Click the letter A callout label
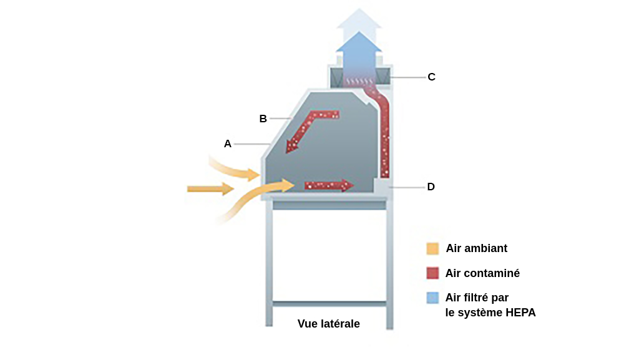[228, 144]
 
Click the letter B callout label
[263, 118]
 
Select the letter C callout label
[431, 77]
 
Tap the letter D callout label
[431, 186]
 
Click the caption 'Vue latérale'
[328, 324]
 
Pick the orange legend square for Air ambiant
[432, 248]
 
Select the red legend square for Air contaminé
[432, 273]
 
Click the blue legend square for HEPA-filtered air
[432, 298]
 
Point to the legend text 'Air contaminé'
[482, 273]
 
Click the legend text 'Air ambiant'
[476, 248]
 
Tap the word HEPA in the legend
[521, 313]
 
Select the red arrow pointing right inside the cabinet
[328, 185]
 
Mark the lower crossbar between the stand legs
[329, 304]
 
